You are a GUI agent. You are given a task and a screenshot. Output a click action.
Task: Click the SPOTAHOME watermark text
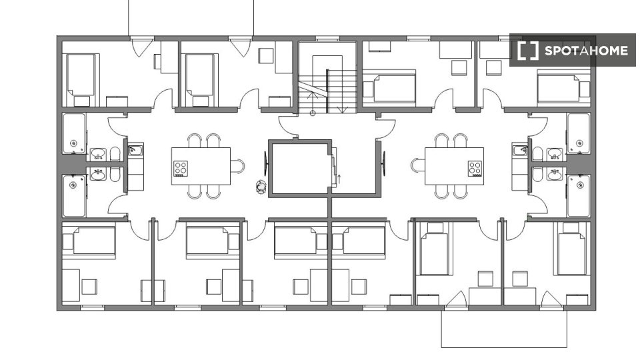tap(586, 51)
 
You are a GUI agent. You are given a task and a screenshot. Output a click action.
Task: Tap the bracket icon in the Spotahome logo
tap(528, 51)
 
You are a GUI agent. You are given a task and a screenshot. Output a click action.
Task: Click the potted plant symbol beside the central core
tap(261, 187)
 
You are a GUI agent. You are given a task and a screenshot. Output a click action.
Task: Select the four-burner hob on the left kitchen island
tap(181, 169)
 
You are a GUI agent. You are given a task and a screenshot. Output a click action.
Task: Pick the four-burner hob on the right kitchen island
tap(475, 169)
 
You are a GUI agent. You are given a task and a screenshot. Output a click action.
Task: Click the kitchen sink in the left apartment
tap(135, 150)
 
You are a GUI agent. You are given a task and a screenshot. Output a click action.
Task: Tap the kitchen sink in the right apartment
tap(519, 150)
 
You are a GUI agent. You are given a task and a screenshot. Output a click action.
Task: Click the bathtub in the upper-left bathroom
tap(74, 133)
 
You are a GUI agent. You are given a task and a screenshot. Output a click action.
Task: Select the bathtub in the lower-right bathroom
tap(579, 196)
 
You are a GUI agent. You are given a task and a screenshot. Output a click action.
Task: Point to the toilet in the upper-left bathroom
tap(115, 154)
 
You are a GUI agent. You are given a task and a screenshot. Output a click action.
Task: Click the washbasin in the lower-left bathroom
tap(98, 174)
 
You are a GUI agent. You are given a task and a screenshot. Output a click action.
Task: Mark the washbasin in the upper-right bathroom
tap(555, 154)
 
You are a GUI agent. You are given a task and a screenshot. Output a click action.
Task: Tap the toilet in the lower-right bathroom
tap(537, 175)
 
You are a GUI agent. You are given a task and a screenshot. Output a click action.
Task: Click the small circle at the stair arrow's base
tap(313, 113)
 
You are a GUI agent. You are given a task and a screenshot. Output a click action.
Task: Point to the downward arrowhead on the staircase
tap(342, 110)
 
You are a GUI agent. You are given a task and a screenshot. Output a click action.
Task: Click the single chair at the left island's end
tap(237, 166)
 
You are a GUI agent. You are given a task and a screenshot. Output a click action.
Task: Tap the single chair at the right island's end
tap(419, 166)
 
